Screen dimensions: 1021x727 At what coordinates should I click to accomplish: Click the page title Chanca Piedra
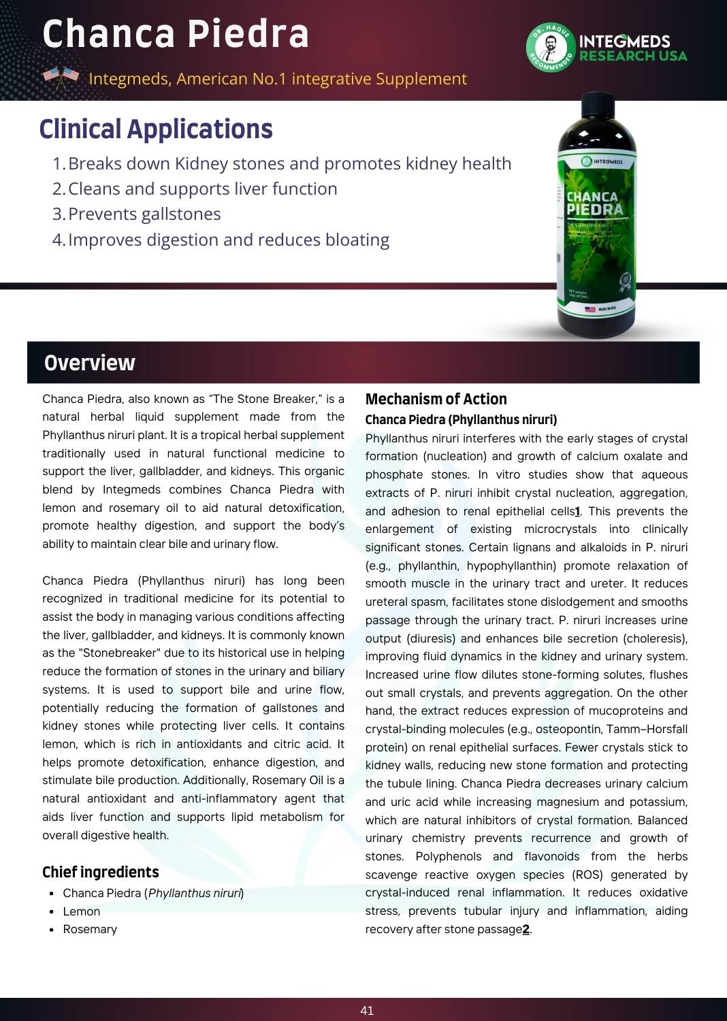[x=176, y=34]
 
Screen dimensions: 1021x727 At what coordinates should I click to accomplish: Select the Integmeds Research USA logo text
[x=632, y=48]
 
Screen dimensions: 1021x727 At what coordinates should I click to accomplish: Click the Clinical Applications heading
[x=156, y=129]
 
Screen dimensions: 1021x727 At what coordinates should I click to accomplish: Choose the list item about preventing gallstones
[x=144, y=214]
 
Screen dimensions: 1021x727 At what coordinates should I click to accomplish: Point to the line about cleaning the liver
[x=202, y=189]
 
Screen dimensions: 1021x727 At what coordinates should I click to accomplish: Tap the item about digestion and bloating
[x=228, y=240]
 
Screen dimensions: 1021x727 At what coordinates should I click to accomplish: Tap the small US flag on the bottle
[x=590, y=309]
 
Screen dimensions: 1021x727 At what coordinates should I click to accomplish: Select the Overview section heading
[x=90, y=363]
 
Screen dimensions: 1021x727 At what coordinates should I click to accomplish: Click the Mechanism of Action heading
[x=436, y=399]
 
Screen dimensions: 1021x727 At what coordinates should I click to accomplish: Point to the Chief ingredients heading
[x=101, y=872]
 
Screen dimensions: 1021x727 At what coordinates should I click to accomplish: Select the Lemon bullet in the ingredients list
[x=81, y=911]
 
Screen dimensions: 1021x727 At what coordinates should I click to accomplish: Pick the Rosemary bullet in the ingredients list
[x=90, y=929]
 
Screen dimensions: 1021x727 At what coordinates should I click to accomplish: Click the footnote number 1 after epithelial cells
[x=577, y=511]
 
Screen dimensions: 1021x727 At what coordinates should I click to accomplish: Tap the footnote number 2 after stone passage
[x=526, y=929]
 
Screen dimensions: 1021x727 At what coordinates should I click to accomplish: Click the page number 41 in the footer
[x=367, y=1011]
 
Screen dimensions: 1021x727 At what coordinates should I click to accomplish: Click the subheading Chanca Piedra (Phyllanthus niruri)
[x=461, y=419]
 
